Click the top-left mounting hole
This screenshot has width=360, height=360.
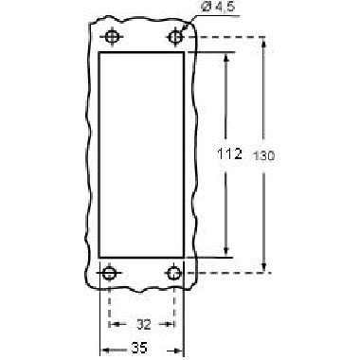point(113,37)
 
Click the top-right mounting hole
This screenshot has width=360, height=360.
point(175,37)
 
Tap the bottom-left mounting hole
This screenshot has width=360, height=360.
point(110,274)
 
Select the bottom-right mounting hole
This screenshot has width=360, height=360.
point(174,274)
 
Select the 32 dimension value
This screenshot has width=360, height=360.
point(142,323)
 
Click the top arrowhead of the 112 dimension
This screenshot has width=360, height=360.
point(225,57)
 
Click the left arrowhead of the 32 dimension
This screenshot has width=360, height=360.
point(114,323)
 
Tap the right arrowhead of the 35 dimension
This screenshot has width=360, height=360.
point(180,349)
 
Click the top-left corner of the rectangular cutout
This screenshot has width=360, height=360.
point(100,53)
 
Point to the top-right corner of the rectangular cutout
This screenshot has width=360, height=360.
point(184,53)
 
